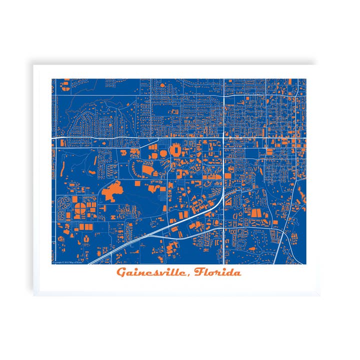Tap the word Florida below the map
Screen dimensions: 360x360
pos(218,272)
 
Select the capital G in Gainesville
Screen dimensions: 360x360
pos(121,272)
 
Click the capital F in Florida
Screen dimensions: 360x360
pos(199,272)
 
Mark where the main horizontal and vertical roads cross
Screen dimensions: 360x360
pos(223,135)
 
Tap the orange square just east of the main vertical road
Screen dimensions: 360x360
pos(228,175)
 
